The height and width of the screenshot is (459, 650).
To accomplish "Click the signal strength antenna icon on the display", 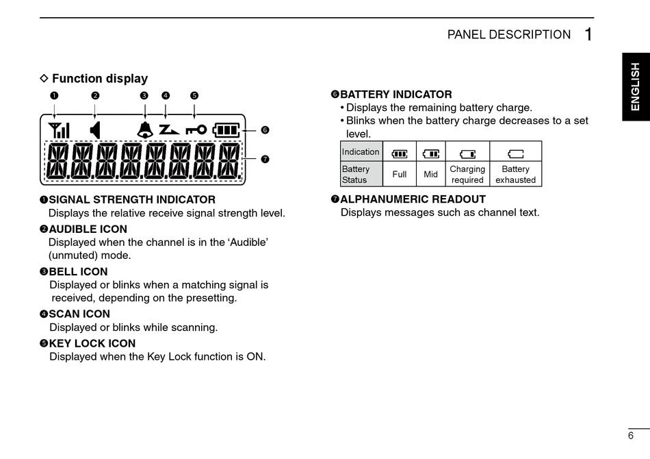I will [x=59, y=129].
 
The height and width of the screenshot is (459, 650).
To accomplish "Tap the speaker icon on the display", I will [x=95, y=129].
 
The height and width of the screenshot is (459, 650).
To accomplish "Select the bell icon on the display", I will [x=144, y=129].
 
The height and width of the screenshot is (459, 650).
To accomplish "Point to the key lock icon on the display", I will [x=195, y=129].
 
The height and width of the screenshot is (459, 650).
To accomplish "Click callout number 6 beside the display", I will [x=265, y=129].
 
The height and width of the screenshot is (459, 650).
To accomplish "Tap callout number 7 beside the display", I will [x=265, y=159].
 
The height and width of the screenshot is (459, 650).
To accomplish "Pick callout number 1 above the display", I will [x=53, y=95].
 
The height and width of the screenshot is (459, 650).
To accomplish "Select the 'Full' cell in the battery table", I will [x=400, y=174].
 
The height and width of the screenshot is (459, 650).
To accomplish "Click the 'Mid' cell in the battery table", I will [x=430, y=174].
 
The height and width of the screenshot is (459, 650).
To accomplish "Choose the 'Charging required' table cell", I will [x=467, y=174].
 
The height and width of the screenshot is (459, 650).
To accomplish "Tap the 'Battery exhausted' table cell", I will [x=515, y=174].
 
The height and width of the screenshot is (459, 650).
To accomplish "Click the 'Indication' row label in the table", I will [x=361, y=152].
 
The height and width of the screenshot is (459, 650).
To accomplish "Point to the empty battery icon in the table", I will [x=515, y=153].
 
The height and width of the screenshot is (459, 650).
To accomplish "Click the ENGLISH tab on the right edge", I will [x=636, y=86].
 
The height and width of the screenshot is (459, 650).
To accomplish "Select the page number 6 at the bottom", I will [x=630, y=436].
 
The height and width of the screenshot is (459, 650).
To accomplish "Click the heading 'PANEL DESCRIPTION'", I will [x=508, y=35].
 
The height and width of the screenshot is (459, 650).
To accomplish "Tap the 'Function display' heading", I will [x=99, y=79].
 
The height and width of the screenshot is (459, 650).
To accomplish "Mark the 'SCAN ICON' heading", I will [x=79, y=314].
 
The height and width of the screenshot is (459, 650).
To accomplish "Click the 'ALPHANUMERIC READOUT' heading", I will [x=413, y=199].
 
